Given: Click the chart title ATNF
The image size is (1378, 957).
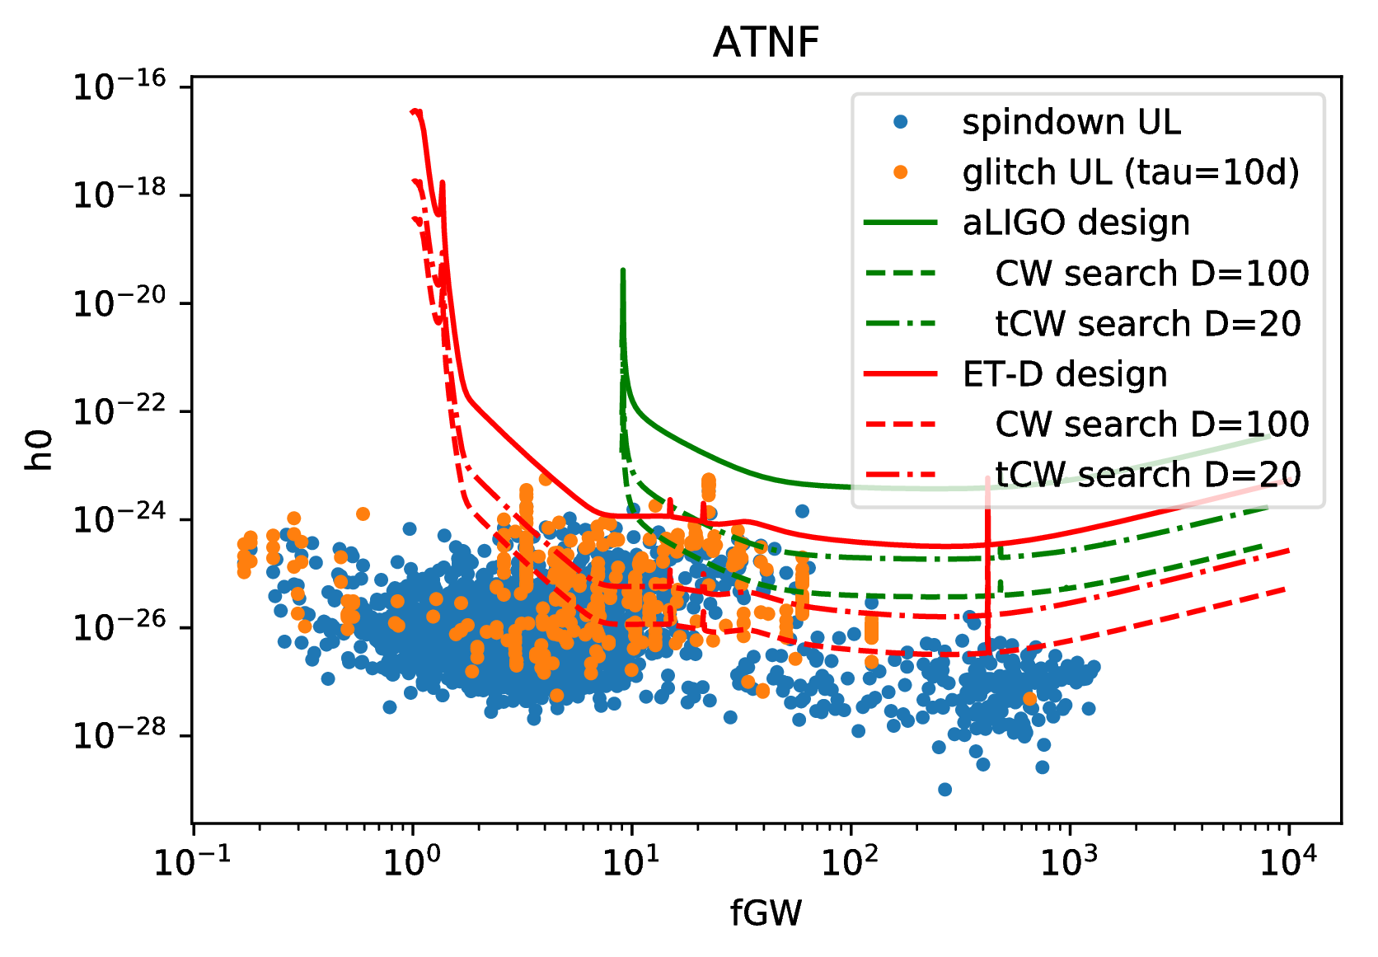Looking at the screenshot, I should click(766, 43).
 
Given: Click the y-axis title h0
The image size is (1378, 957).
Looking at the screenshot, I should click(40, 450).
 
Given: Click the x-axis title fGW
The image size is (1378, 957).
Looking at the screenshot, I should click(766, 913).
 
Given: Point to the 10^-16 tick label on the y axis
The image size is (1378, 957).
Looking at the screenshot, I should click(120, 86).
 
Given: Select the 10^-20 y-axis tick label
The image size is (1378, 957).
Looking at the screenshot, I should click(120, 303).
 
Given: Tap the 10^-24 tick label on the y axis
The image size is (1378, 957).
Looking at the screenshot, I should click(120, 519).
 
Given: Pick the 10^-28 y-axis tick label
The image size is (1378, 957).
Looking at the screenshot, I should click(120, 735).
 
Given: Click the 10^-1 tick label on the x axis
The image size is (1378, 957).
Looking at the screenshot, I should click(193, 861).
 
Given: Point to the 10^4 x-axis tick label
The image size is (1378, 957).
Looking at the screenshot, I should click(1288, 861).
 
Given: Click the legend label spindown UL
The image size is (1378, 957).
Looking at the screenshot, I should click(1071, 122).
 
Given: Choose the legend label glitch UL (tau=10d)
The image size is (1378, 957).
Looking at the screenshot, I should click(1131, 172).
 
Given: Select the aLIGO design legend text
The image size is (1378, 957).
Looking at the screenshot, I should click(1076, 223).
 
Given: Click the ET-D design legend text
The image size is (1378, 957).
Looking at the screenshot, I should click(1065, 374).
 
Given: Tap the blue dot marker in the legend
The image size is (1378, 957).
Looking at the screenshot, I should click(901, 122).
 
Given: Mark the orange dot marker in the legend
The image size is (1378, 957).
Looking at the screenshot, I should click(901, 172).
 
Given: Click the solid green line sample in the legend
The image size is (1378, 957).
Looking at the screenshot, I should click(901, 223).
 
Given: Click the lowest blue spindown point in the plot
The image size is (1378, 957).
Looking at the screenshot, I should click(944, 790).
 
